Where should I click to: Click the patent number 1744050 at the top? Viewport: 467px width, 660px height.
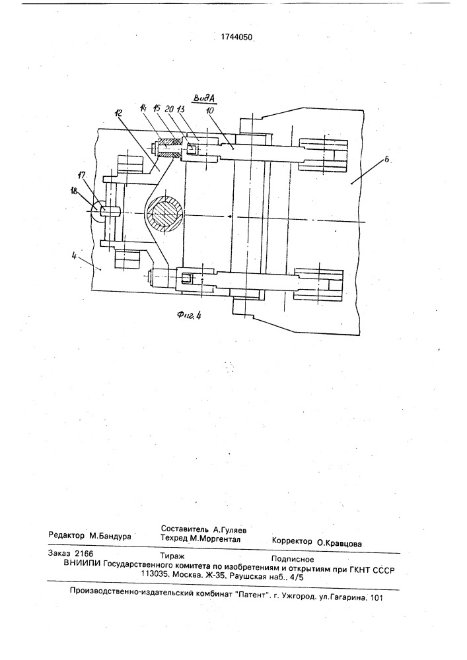tap(236, 38)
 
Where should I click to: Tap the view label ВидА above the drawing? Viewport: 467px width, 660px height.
tap(204, 98)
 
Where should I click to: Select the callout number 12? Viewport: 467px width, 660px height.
tap(118, 114)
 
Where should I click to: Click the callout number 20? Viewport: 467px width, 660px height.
tap(170, 109)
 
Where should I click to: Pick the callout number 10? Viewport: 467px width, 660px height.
tap(209, 111)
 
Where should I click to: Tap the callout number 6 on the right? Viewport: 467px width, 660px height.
tap(387, 160)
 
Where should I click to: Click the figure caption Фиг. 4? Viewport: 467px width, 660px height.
tap(189, 315)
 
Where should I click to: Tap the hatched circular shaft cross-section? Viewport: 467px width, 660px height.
tap(164, 213)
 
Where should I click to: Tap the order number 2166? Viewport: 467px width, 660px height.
tap(84, 554)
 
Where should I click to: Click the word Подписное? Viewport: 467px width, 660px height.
tap(293, 560)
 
